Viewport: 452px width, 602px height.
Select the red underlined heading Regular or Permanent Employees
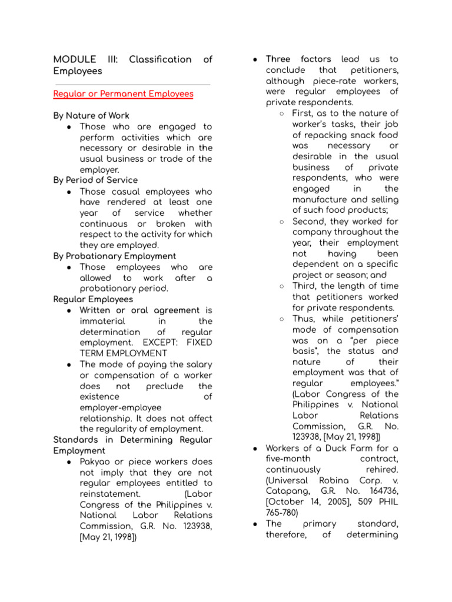[123, 94]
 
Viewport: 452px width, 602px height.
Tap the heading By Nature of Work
[91, 116]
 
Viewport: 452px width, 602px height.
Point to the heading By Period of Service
[95, 180]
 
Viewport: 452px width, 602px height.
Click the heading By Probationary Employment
[114, 256]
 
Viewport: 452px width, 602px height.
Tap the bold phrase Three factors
[298, 59]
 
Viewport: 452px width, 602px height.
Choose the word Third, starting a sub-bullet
[306, 286]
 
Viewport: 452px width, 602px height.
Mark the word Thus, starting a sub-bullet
[305, 319]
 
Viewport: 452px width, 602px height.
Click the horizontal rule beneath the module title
[131, 85]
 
